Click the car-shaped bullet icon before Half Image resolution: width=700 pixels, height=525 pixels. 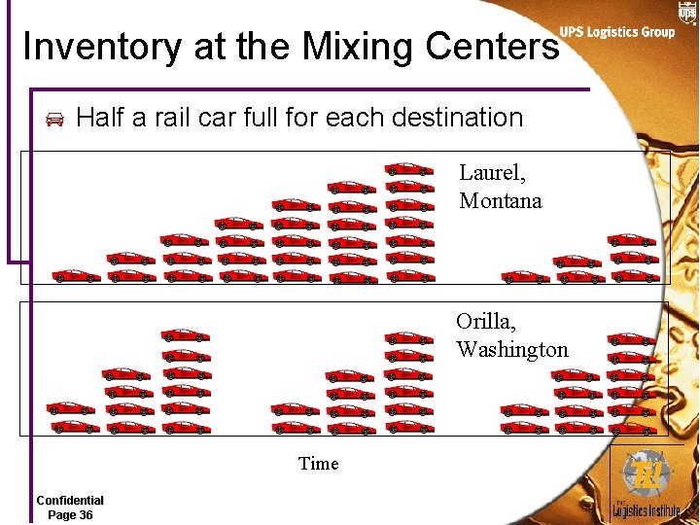coord(55,120)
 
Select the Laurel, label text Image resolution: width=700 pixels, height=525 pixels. coord(492,174)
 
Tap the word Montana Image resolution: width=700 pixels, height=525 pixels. coord(500,201)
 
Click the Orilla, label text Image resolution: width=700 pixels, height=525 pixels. coord(486,322)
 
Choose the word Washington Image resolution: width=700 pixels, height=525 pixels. coord(511,349)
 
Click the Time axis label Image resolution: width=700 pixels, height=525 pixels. coord(319,464)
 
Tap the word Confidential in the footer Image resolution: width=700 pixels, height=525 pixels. coord(70,501)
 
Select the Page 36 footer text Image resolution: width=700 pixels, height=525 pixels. coord(70,514)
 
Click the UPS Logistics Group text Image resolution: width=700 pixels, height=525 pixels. coord(616,32)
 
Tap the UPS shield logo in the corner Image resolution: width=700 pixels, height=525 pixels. coord(686,11)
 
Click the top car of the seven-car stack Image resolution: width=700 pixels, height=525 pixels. coord(407,168)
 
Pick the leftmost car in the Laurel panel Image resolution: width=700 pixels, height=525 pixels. coord(75,276)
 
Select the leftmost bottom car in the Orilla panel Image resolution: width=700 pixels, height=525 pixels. coord(72,426)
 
